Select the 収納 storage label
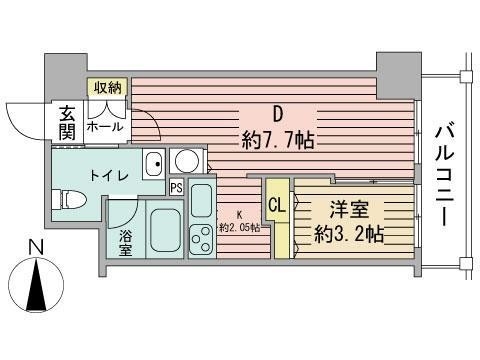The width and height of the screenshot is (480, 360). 108,87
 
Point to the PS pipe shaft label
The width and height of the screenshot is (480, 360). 176,186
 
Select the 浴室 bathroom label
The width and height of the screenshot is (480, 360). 125,243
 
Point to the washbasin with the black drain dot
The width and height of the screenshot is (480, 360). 153,163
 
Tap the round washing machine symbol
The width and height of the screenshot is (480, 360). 185,161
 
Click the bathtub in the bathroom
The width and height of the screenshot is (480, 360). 161,231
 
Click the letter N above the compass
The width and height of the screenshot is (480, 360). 34,247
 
